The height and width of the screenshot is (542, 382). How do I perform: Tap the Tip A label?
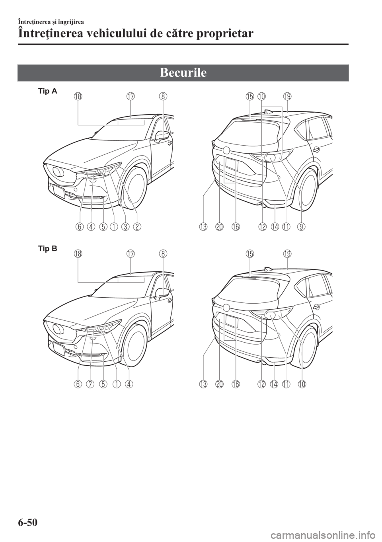(x=48, y=92)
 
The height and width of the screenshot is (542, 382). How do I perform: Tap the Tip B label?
(x=48, y=249)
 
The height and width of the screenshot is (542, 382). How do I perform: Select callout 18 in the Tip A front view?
(x=78, y=96)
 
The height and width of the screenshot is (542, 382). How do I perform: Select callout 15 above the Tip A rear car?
(x=249, y=96)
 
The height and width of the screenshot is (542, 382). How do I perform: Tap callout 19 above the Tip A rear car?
(x=287, y=96)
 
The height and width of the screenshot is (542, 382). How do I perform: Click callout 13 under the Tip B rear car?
(x=203, y=384)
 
